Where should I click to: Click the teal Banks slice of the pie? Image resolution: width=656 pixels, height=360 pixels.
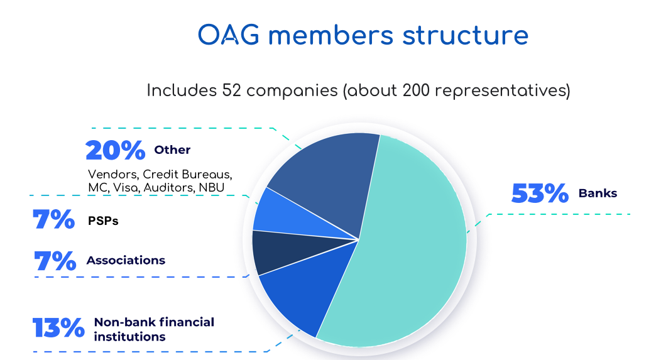(x=402, y=243)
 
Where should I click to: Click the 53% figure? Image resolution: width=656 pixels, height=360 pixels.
(x=540, y=193)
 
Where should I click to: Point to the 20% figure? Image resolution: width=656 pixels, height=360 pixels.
(x=116, y=150)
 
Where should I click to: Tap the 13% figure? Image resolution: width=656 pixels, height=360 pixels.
(x=58, y=327)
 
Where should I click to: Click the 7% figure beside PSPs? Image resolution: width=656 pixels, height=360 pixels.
(x=54, y=219)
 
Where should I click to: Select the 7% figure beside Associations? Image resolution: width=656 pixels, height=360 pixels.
(x=55, y=261)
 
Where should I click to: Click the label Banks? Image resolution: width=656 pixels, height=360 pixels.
(x=598, y=193)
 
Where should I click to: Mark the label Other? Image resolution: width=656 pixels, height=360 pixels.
(x=172, y=150)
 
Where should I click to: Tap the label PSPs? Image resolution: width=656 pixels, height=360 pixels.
(x=103, y=221)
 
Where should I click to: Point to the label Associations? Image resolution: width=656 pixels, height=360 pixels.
(x=126, y=261)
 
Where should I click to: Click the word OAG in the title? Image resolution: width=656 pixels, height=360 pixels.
(x=229, y=35)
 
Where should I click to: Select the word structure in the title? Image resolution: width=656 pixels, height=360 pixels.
(x=465, y=35)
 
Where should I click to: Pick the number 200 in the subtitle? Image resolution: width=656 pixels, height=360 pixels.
(x=416, y=90)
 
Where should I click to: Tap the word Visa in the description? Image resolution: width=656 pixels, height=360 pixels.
(x=126, y=188)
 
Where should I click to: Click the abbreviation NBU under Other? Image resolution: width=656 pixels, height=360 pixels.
(x=212, y=188)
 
